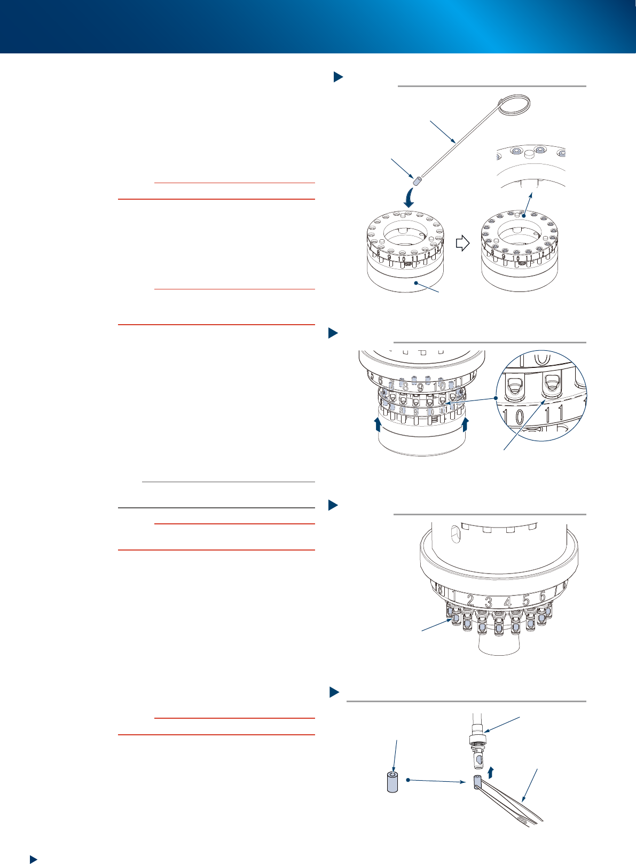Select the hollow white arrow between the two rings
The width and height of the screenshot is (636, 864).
(x=462, y=244)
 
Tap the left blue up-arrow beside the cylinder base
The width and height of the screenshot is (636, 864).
(x=378, y=425)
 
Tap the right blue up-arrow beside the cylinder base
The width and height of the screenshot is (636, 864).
(x=465, y=425)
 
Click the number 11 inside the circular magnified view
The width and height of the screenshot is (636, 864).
(x=554, y=414)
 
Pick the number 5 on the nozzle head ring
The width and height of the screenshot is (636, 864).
(x=526, y=600)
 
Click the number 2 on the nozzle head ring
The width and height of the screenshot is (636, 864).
(x=470, y=600)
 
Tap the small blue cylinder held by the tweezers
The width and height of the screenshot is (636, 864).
(x=477, y=782)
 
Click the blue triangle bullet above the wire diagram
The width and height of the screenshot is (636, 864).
(x=337, y=77)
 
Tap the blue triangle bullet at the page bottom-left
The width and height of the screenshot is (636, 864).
(x=33, y=859)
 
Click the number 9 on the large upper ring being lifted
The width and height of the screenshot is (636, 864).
(x=420, y=387)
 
